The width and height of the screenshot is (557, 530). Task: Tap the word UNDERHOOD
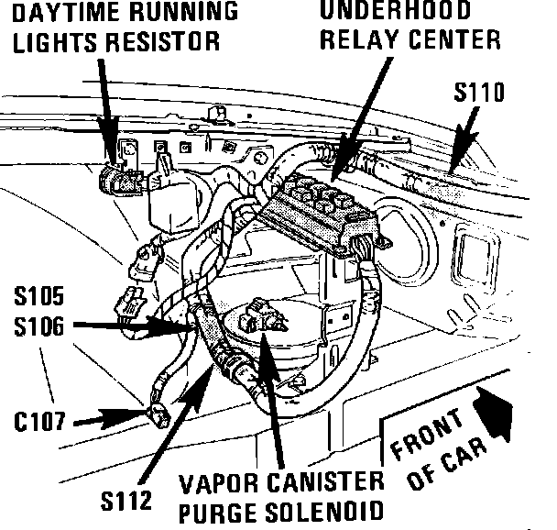click(x=396, y=12)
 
